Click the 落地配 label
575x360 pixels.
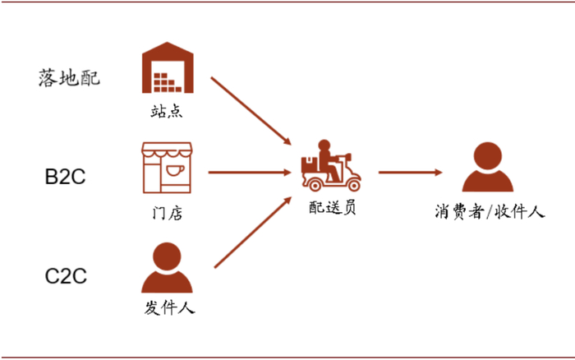pyautogui.click(x=69, y=78)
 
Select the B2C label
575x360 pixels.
pyautogui.click(x=65, y=177)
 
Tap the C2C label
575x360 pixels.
pyautogui.click(x=66, y=276)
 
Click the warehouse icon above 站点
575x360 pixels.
pyautogui.click(x=168, y=67)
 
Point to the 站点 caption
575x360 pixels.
pyautogui.click(x=167, y=111)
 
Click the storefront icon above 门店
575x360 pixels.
pyautogui.click(x=167, y=168)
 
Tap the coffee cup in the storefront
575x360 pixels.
pyautogui.click(x=175, y=170)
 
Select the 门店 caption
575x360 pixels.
pyautogui.click(x=168, y=213)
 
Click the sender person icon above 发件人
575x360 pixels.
pyautogui.click(x=167, y=267)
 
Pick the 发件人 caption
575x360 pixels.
pyautogui.click(x=169, y=307)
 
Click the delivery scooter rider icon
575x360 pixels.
pyautogui.click(x=331, y=165)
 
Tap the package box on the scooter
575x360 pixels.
pyautogui.click(x=310, y=164)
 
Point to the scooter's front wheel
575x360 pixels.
pyautogui.click(x=353, y=185)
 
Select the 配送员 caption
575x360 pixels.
pyautogui.click(x=332, y=208)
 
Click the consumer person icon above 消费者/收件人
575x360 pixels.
pyautogui.click(x=488, y=167)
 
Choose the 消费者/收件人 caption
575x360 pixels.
pyautogui.click(x=490, y=212)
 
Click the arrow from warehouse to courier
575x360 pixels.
pyautogui.click(x=251, y=111)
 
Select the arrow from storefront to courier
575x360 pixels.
pyautogui.click(x=250, y=172)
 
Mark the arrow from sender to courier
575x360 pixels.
pyautogui.click(x=253, y=233)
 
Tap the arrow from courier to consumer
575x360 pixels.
pyautogui.click(x=411, y=172)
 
